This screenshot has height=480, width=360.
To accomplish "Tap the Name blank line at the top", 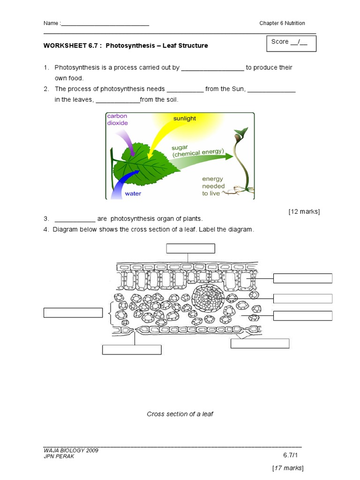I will click(x=105, y=23).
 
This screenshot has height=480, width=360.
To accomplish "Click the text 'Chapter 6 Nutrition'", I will click(x=282, y=23).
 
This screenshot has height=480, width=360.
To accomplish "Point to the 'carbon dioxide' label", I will click(x=117, y=120).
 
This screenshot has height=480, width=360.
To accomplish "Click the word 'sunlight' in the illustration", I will click(x=185, y=119).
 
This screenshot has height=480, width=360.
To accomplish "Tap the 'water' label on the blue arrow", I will click(x=133, y=193).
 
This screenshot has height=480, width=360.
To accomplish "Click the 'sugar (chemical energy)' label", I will click(x=197, y=150).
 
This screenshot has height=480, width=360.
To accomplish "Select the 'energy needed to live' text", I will click(x=213, y=186).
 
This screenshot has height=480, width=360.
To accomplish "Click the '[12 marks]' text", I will click(x=304, y=211).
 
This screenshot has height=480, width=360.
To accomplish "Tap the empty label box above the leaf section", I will click(x=190, y=248).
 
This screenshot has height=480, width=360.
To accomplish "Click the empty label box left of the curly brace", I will click(x=73, y=313).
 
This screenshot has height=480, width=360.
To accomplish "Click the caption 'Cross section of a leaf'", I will click(x=180, y=414).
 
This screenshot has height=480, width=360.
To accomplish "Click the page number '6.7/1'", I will click(x=291, y=455).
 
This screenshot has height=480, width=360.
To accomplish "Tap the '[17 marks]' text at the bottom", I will click(x=288, y=468).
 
